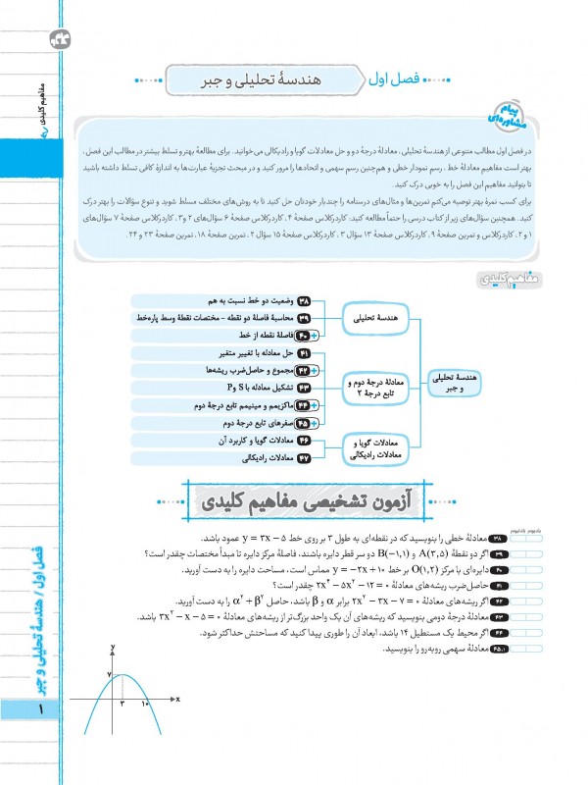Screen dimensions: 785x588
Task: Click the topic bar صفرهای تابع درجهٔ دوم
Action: click(245, 423)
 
